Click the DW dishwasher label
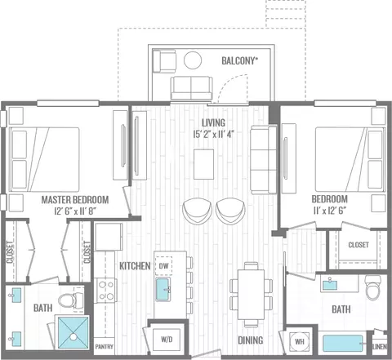(163, 266)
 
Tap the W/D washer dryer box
(167, 340)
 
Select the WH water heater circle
(300, 341)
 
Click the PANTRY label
(104, 347)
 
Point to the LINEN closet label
(380, 347)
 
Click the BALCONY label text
(239, 60)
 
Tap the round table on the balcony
(193, 60)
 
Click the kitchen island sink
(163, 289)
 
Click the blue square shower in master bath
(73, 332)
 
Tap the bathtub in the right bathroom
(343, 344)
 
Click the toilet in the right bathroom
(373, 287)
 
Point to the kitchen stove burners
(106, 290)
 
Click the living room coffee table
(203, 164)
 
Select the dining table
(251, 294)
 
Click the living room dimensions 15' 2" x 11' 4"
(214, 134)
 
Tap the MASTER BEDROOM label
(75, 200)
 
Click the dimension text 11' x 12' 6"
(330, 211)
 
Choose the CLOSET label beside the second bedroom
(359, 245)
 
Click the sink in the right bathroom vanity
(330, 285)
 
